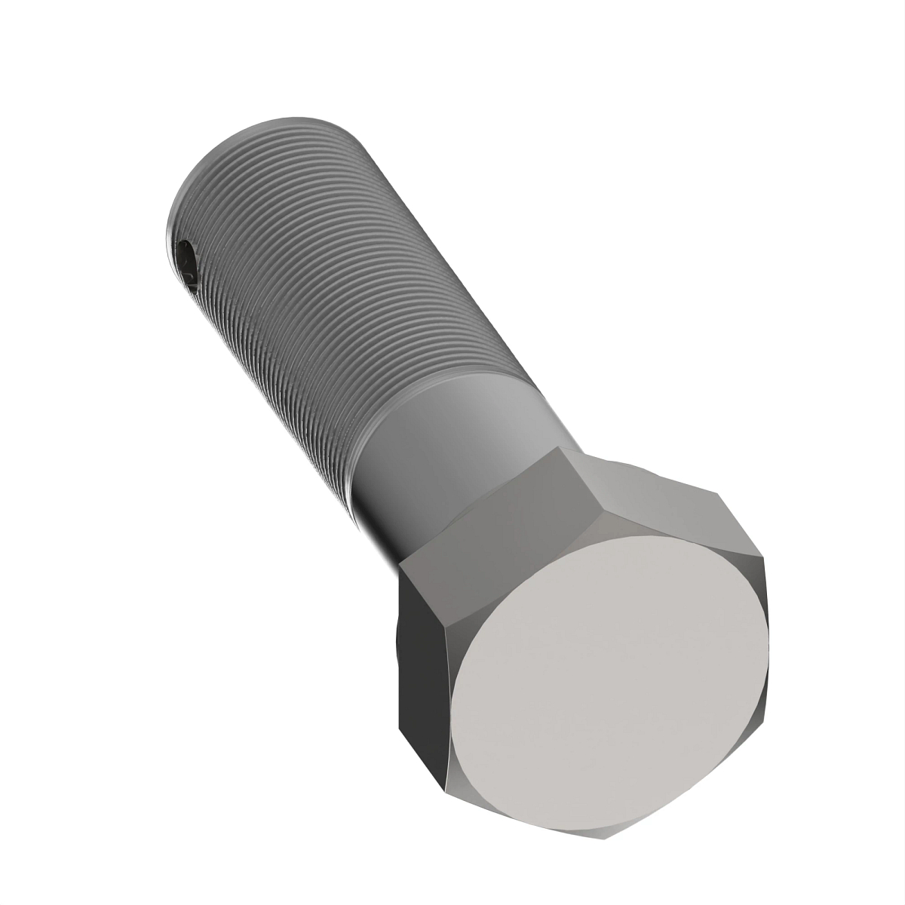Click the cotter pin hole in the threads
pyautogui.click(x=186, y=264)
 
